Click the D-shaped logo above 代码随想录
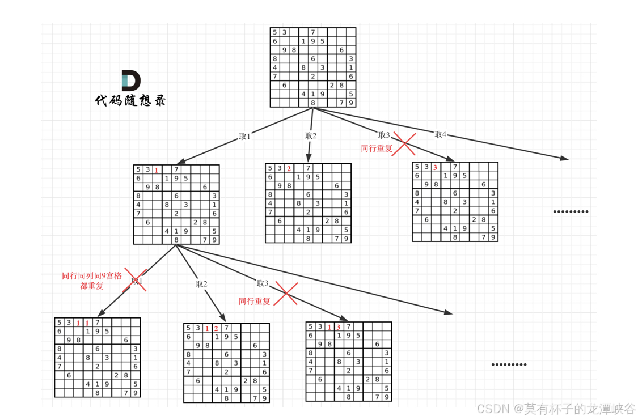click(x=131, y=80)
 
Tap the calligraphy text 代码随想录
click(x=130, y=100)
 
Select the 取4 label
click(x=441, y=134)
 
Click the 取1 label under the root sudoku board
click(x=244, y=137)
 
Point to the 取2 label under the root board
click(x=310, y=136)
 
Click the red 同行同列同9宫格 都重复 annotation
click(x=92, y=281)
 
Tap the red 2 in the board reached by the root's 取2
click(x=289, y=168)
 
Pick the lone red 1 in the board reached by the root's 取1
click(x=157, y=170)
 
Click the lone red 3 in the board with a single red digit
click(x=435, y=167)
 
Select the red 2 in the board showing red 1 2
click(x=216, y=328)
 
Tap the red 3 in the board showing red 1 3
click(x=338, y=327)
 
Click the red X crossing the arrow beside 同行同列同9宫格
click(x=136, y=280)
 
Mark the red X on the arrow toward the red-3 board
click(x=404, y=143)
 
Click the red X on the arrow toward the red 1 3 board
click(x=286, y=294)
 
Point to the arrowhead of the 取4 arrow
click(x=564, y=158)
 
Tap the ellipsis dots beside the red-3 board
click(x=571, y=212)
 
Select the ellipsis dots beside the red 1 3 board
click(x=509, y=364)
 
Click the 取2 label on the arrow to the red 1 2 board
click(x=201, y=284)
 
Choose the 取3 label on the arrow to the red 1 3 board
click(x=262, y=283)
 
